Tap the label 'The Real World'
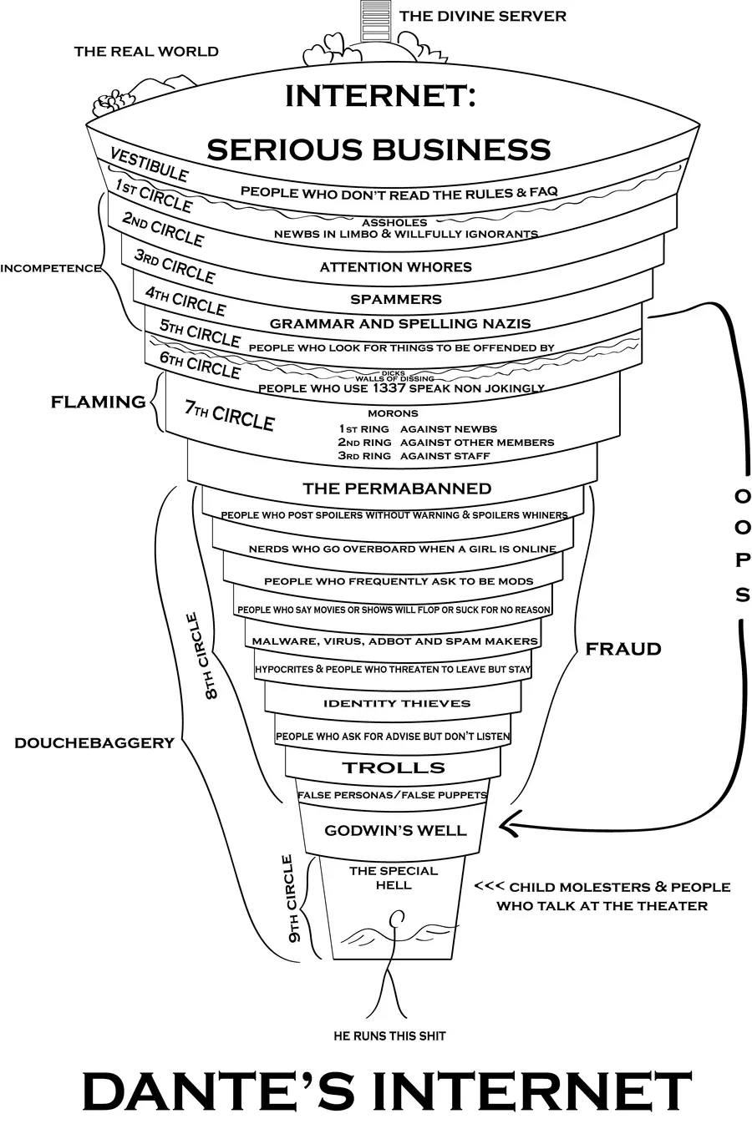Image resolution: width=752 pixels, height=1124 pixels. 146,52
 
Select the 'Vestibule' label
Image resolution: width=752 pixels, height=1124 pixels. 149,165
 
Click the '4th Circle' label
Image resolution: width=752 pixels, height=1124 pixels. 185,301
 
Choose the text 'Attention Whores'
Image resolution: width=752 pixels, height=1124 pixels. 396,267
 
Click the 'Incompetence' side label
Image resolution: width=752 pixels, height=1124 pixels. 50,268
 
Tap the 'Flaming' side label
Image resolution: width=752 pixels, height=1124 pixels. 98,402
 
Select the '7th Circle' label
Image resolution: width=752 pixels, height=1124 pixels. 229,415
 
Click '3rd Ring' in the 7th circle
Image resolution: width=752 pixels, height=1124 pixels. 363,456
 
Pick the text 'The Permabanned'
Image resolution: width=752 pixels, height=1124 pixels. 397,489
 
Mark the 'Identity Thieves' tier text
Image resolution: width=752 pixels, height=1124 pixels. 397,703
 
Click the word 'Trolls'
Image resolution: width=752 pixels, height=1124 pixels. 394,767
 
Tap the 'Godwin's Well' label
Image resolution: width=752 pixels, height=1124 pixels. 395,831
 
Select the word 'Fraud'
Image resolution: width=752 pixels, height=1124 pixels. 623,649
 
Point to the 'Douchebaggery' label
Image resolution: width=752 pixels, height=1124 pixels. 94,742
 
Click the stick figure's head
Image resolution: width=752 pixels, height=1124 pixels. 396,919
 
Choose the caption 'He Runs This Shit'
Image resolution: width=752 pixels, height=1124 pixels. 389,1035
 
